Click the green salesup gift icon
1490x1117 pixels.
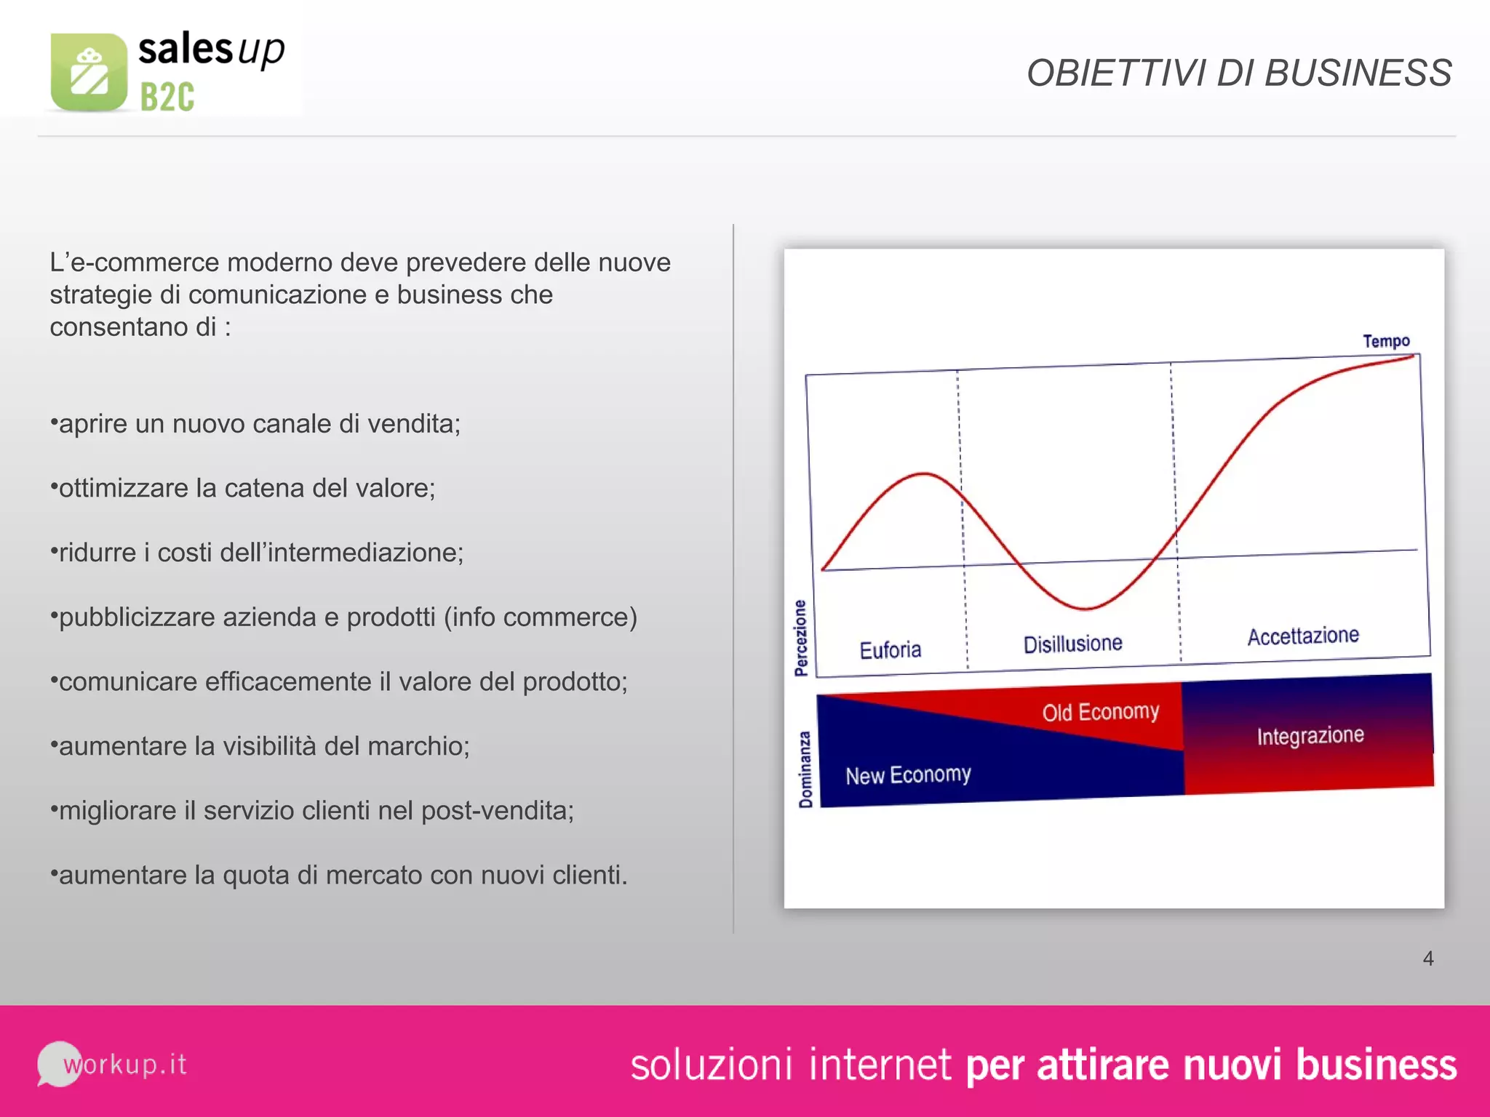point(89,73)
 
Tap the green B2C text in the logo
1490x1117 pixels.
point(167,97)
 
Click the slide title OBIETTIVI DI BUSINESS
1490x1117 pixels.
point(1238,73)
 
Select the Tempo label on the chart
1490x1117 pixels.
point(1386,341)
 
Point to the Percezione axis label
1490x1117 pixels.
point(801,638)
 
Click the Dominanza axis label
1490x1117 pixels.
point(805,769)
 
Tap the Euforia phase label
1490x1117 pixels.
point(891,649)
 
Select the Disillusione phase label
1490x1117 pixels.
point(1072,644)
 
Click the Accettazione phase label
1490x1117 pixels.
point(1303,636)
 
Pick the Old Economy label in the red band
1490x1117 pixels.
point(1100,712)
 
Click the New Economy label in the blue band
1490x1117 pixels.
point(908,775)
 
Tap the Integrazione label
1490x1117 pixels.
point(1310,736)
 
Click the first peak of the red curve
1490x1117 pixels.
point(924,474)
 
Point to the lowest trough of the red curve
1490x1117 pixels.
point(1085,608)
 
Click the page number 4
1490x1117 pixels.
point(1428,958)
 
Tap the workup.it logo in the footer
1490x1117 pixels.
point(113,1065)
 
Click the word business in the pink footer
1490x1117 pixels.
point(1377,1065)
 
